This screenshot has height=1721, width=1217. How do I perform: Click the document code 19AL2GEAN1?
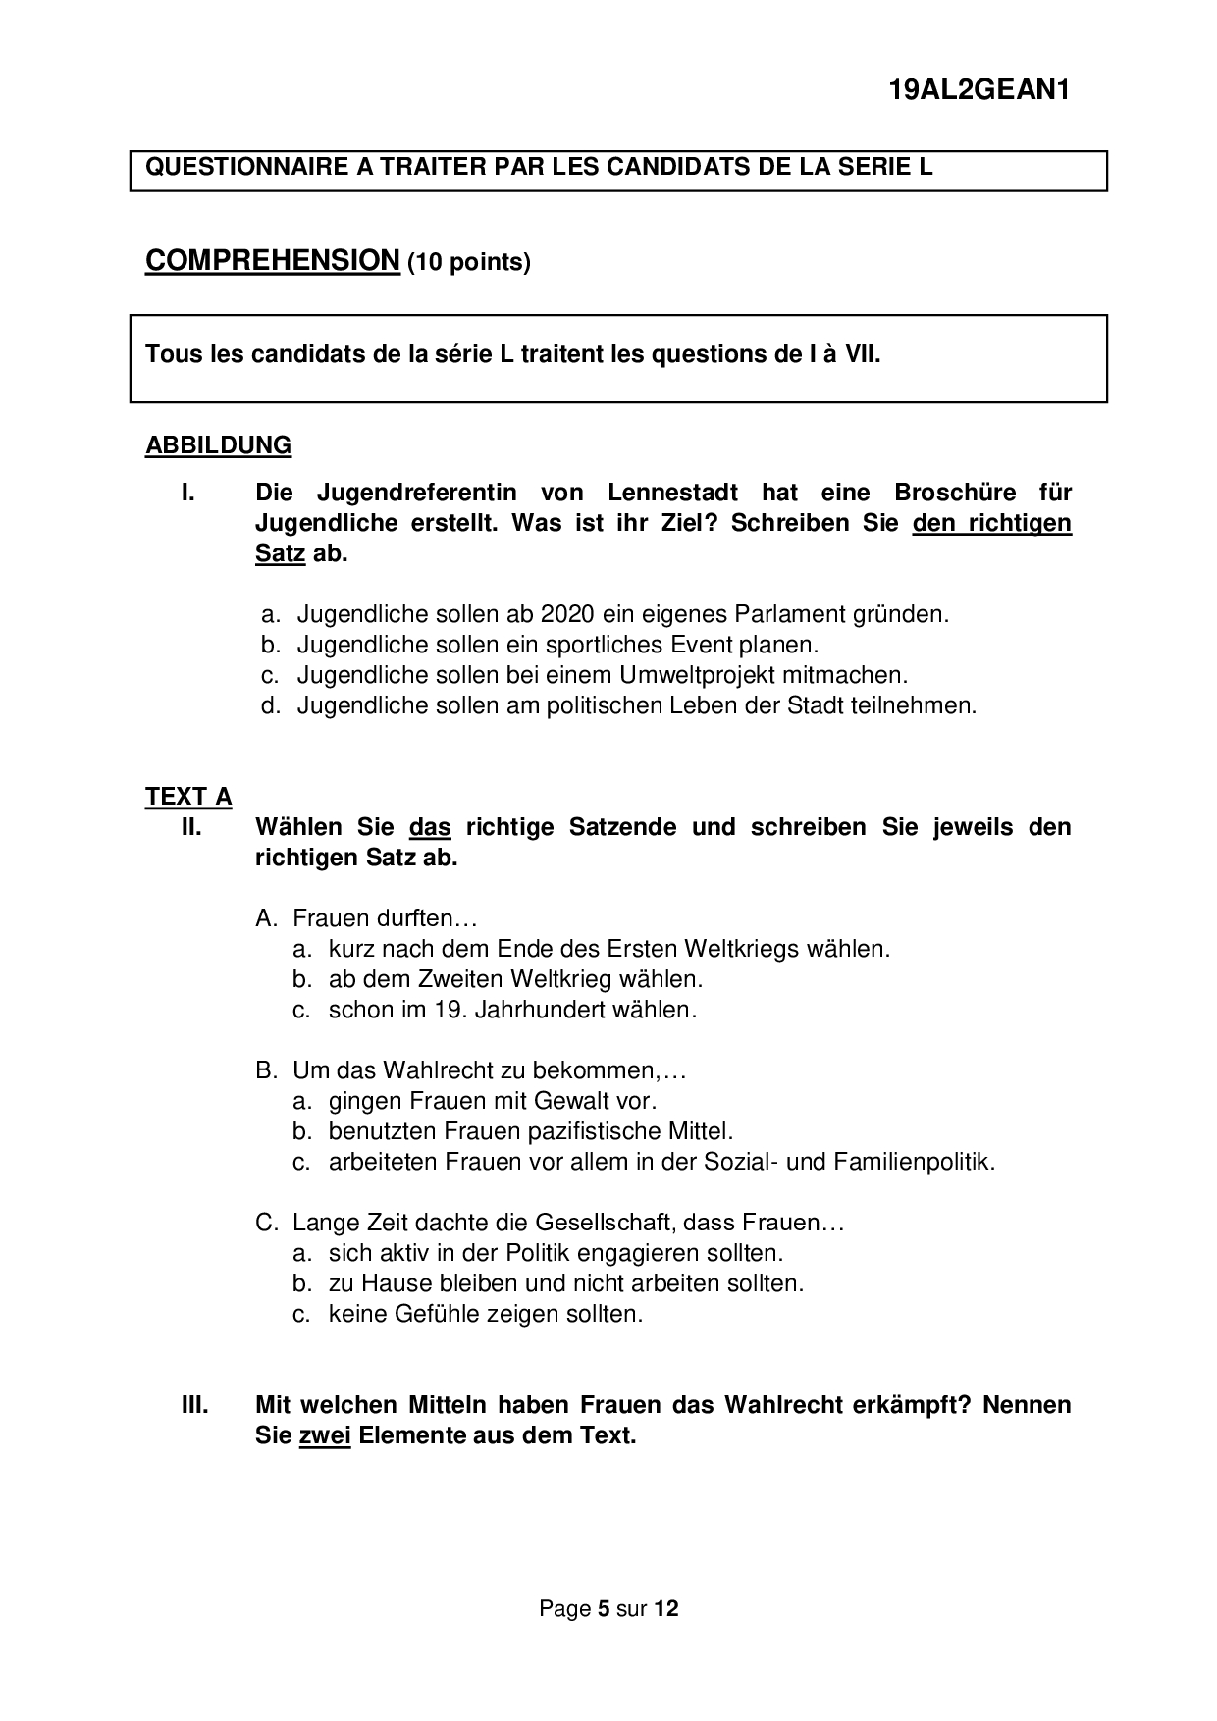(978, 90)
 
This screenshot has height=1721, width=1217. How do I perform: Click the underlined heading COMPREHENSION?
(272, 261)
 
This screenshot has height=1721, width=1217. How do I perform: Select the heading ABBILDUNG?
(218, 445)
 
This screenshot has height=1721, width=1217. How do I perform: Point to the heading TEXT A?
(188, 796)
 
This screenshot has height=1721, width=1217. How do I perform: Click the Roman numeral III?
(194, 1404)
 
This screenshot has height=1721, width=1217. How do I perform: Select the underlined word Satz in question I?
(280, 553)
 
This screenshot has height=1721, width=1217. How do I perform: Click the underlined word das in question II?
(430, 827)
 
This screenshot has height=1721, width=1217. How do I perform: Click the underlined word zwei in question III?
(325, 1435)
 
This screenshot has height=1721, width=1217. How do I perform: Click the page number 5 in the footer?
(604, 1609)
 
